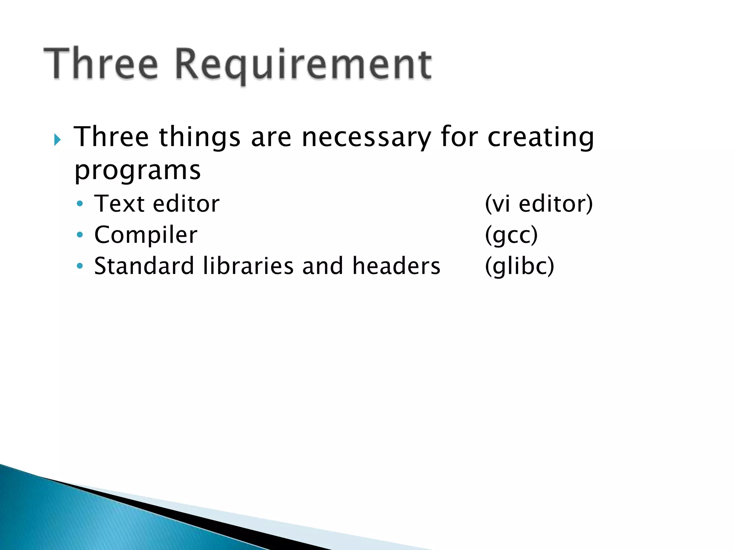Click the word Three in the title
tap(101, 64)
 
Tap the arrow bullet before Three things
tap(58, 140)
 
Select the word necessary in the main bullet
tap(366, 137)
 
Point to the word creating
tap(540, 138)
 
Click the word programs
tap(137, 171)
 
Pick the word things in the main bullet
tap(200, 137)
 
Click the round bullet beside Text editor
tap(80, 204)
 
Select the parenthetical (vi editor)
tap(539, 204)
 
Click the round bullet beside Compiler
tap(80, 235)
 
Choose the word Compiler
tap(146, 235)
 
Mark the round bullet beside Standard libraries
tap(80, 266)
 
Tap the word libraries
tap(248, 266)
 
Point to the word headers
tap(396, 266)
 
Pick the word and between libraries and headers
tap(323, 266)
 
